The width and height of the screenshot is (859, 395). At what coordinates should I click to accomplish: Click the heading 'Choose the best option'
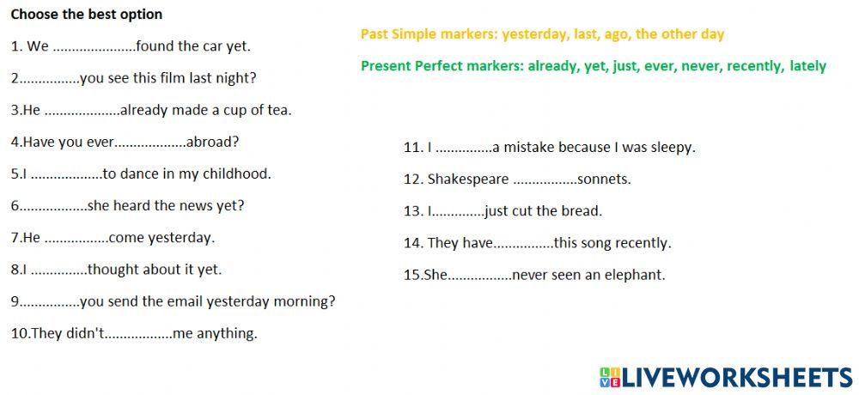tap(86, 15)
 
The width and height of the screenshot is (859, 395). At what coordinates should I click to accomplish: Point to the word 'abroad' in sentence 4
tap(212, 142)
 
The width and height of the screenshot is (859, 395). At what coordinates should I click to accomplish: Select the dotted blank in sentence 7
tap(76, 238)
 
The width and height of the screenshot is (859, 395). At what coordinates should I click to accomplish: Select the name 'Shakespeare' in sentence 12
tap(467, 179)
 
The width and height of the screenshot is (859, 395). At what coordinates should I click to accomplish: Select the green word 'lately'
tap(807, 66)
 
